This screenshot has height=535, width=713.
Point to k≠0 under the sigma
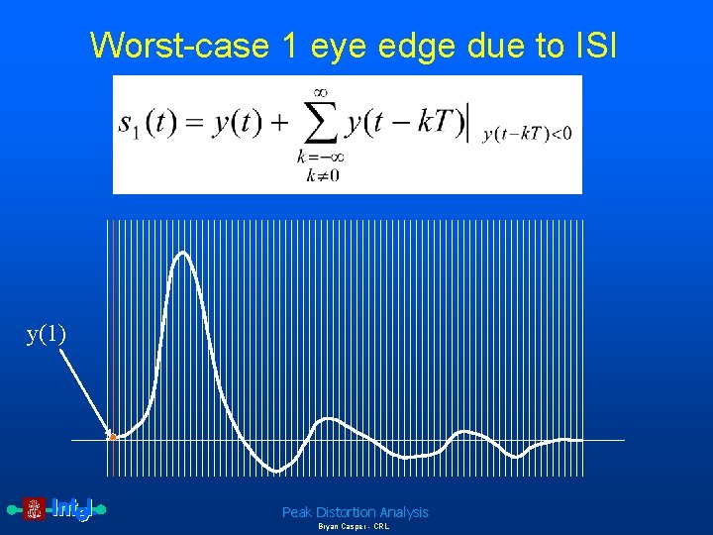[318, 176]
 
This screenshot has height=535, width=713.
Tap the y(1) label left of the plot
[47, 334]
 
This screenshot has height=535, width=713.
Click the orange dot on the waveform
[113, 437]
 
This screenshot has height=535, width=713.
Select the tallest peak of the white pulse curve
[182, 254]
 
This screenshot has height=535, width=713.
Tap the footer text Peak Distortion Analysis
[355, 512]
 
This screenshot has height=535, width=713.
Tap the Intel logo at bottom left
[72, 509]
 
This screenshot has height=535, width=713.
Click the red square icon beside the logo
[34, 509]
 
